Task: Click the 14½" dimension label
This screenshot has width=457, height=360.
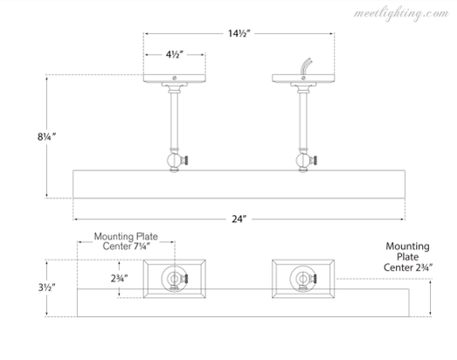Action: [x=239, y=33]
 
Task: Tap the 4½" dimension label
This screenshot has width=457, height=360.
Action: [x=175, y=54]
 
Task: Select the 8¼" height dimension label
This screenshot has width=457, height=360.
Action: [x=46, y=136]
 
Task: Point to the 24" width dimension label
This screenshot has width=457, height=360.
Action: [x=239, y=219]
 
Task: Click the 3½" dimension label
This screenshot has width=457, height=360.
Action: [x=46, y=287]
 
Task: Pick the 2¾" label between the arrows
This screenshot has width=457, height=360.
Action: [x=119, y=279]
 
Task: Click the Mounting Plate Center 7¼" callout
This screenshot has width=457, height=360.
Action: [x=126, y=241]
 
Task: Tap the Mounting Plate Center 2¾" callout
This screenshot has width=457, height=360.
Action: [x=408, y=257]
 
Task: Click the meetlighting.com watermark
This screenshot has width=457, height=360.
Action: [x=401, y=14]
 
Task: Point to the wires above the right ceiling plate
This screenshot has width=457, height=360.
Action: [x=307, y=66]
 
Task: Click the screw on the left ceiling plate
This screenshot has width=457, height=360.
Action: [x=175, y=78]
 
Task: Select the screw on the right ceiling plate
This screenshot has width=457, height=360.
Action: [x=303, y=78]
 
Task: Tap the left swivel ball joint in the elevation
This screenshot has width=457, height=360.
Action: [x=174, y=160]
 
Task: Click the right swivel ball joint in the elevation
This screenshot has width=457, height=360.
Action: [x=303, y=160]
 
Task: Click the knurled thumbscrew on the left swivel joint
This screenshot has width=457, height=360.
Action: [x=185, y=160]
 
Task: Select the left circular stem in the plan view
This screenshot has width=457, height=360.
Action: [x=174, y=279]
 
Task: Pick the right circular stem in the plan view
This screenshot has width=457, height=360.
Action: [x=303, y=279]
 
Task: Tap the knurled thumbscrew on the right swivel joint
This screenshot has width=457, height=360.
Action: [x=314, y=160]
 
